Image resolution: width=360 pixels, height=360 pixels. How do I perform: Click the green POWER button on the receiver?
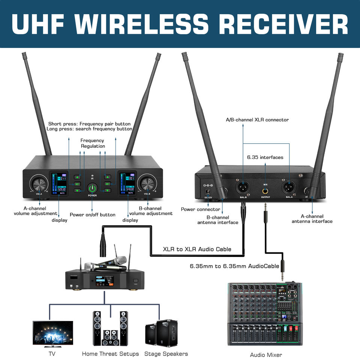92,188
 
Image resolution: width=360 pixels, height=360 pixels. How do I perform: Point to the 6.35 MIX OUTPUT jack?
265,191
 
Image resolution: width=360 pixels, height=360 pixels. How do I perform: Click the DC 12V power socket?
208,185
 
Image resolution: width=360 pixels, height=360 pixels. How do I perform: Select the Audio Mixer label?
266,355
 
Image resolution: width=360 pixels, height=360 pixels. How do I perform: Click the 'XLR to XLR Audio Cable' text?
197,249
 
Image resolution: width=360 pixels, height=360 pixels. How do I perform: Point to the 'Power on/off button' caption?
93,215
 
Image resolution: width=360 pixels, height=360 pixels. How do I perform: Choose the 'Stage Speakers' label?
166,354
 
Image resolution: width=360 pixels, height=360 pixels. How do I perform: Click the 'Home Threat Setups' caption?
110,354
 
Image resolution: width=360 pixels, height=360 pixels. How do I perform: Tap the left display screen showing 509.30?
59,183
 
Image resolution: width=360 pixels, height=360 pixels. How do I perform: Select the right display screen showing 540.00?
127,183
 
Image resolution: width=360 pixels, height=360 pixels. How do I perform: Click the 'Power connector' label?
201,209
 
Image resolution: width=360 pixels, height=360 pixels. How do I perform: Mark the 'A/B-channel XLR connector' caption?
257,120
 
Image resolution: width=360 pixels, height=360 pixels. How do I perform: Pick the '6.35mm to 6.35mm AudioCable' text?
234,266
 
